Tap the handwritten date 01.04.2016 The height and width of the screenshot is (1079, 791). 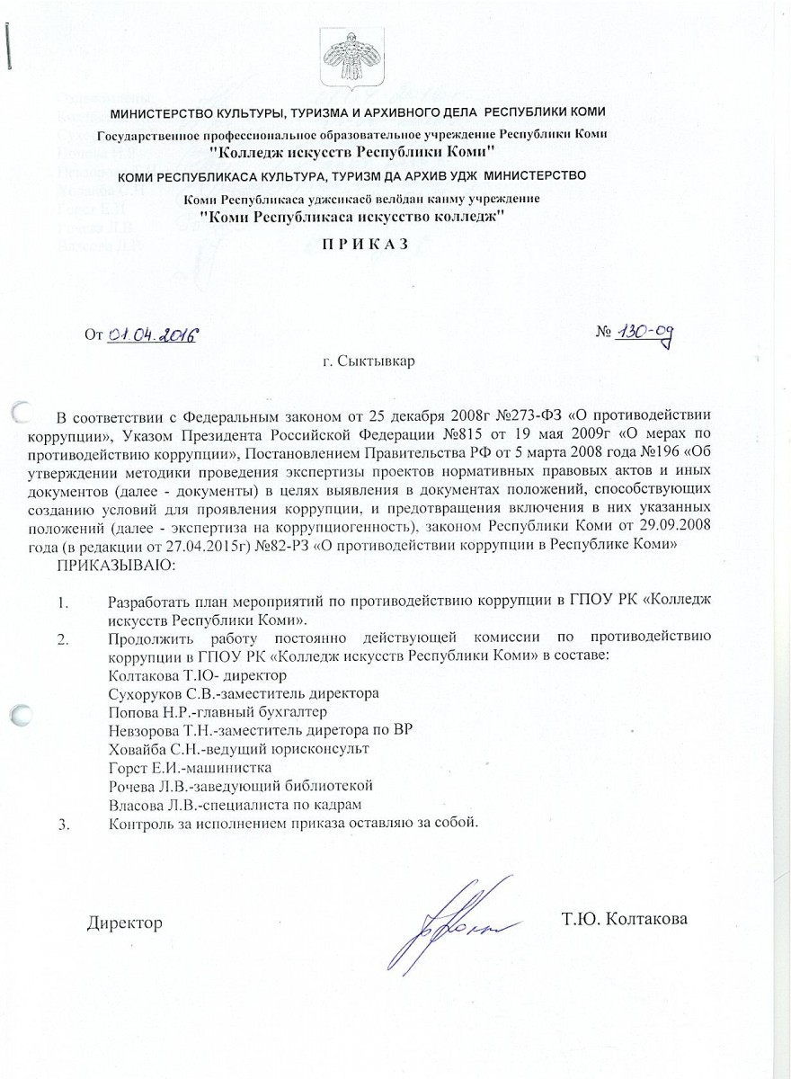click(x=152, y=334)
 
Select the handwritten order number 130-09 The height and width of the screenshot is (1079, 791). click(x=645, y=334)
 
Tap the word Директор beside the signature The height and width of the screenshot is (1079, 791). click(x=125, y=923)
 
